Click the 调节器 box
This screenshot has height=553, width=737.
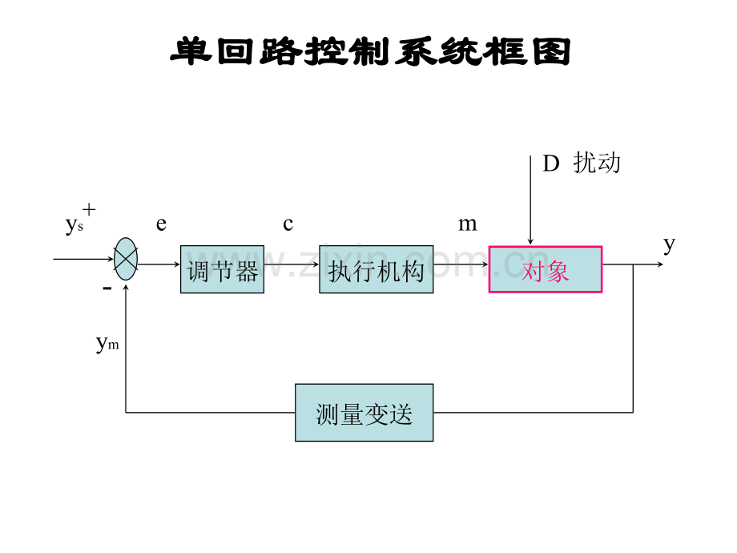pos(223,269)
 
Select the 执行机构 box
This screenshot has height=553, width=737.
pos(376,269)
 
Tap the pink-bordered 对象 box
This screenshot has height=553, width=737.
pos(546,269)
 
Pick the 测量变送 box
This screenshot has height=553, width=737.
pos(364,413)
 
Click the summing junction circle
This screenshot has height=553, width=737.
pos(126,259)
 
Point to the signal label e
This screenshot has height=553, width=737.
pos(161,224)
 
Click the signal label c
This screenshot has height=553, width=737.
pos(288,224)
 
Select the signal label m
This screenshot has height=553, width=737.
pos(468,224)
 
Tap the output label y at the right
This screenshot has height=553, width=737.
pos(670,245)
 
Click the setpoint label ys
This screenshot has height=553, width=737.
pos(75,225)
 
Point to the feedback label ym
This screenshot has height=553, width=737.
pos(107,344)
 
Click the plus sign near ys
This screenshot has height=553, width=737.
pos(89,209)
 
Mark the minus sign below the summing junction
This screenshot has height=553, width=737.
pos(107,287)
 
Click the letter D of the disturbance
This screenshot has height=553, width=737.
pos(551,163)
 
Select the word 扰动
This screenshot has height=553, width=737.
pos(597,163)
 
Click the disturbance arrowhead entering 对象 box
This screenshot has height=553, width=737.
pos(530,242)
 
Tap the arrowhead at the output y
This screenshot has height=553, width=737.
pos(660,264)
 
